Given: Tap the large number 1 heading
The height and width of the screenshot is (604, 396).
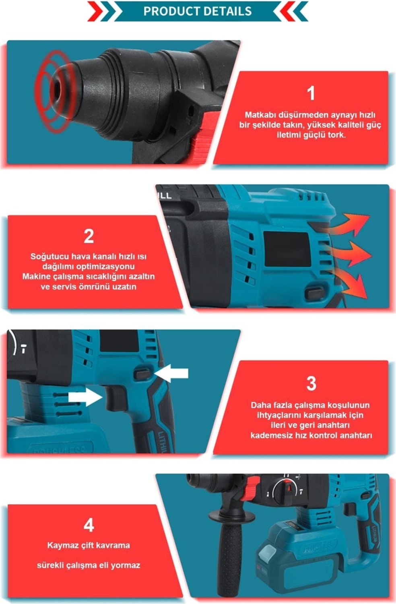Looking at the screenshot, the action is click(x=311, y=93).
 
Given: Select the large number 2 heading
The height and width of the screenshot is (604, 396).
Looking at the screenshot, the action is click(x=89, y=236).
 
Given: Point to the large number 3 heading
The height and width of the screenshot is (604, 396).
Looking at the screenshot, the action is click(x=311, y=383).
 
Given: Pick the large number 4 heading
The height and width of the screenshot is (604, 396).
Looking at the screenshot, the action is click(x=89, y=525).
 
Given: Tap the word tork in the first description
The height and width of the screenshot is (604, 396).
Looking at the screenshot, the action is click(x=336, y=134).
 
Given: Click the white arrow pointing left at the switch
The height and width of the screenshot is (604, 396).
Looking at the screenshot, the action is click(x=171, y=373).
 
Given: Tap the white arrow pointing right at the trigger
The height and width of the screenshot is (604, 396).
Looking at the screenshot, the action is click(x=85, y=397).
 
